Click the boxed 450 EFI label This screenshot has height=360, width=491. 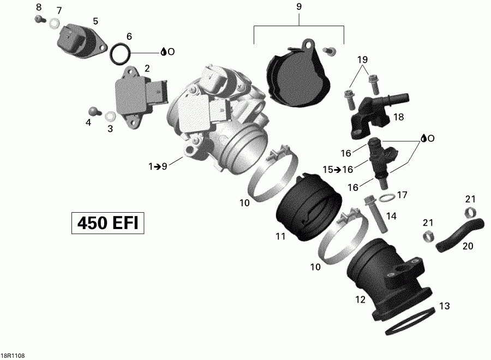(x=108, y=223)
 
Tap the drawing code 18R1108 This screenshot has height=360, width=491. (x=13, y=355)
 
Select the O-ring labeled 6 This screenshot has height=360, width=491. (x=120, y=53)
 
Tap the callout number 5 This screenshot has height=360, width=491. (x=95, y=21)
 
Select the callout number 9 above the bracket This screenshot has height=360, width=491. (x=299, y=8)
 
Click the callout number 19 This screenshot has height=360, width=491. (x=363, y=59)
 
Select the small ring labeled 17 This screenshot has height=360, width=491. (x=386, y=196)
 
